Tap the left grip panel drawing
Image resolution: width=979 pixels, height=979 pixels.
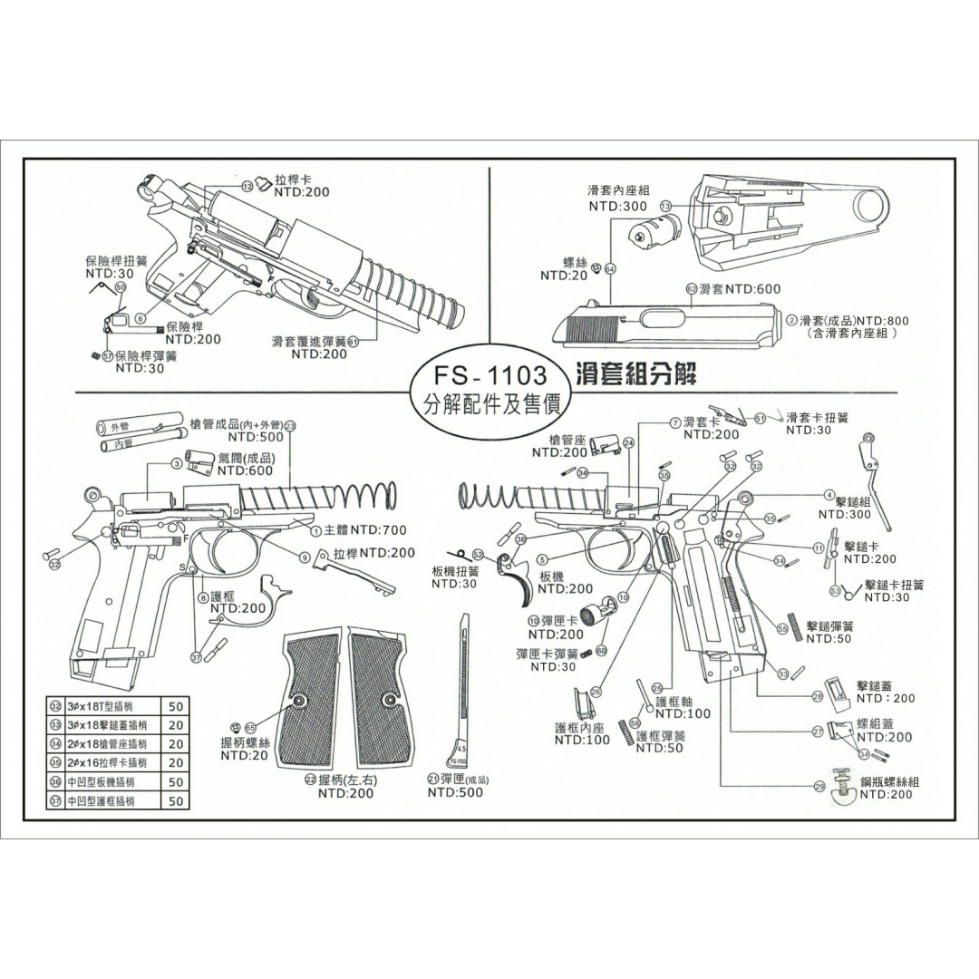pos(311,698)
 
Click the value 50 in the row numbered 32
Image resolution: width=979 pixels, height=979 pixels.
pos(175,705)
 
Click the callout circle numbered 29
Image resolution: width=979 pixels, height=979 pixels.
pos(819,787)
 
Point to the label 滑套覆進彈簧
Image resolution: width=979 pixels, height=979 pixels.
pos(309,342)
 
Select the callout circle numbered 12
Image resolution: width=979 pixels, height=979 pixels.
pos(247,186)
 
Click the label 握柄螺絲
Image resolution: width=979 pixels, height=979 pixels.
pos(245,742)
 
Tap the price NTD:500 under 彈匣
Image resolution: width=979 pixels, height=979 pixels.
pos(455,792)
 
